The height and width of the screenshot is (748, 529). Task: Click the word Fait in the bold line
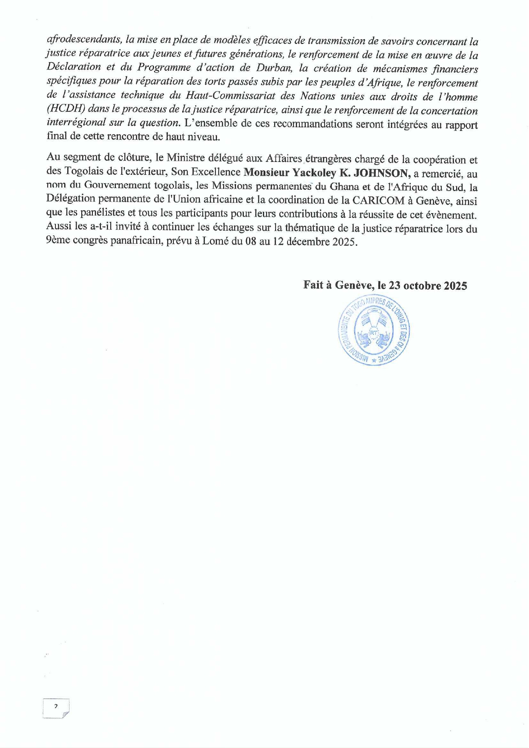pyautogui.click(x=313, y=286)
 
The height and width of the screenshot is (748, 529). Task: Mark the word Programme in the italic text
pyautogui.click(x=164, y=68)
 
